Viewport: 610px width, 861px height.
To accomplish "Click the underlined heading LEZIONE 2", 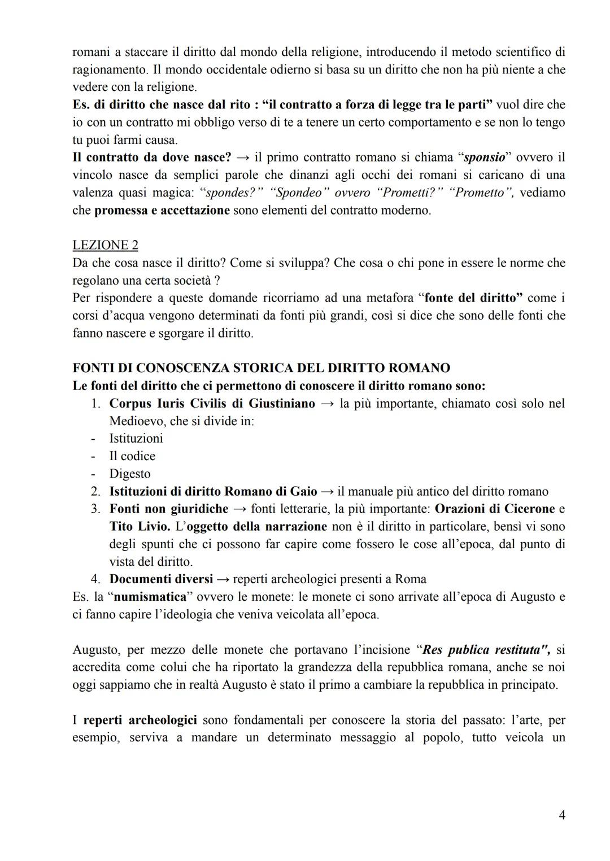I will coord(105,245).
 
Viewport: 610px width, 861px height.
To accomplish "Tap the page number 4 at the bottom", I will coord(561,815).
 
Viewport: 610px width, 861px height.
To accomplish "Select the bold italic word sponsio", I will coord(484,157).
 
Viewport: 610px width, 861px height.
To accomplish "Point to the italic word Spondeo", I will coord(299,193).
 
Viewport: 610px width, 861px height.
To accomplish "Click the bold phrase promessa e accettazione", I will coord(162,210).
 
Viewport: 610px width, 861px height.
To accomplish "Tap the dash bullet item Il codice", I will coord(132,456).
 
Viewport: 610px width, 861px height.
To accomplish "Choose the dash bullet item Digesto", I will coord(130,474).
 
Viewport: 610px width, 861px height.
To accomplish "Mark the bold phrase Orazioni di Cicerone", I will coord(495,509).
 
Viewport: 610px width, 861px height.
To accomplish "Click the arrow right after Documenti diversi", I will coord(223,579).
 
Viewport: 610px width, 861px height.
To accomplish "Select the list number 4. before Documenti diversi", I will coord(95,579).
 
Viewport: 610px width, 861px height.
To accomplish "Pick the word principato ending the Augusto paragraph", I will coord(529,684).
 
